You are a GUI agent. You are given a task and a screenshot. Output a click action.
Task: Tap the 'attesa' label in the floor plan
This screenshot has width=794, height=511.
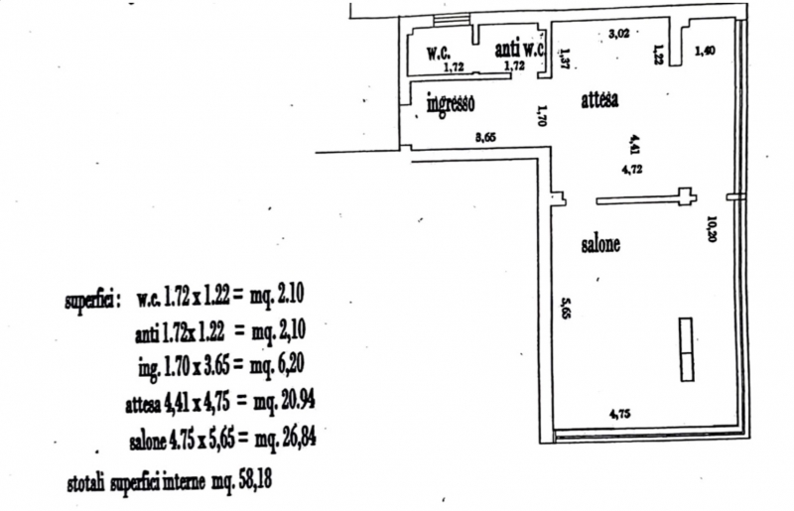tap(599, 100)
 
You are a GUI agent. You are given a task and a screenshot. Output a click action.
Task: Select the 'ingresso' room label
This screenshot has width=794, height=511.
tap(451, 102)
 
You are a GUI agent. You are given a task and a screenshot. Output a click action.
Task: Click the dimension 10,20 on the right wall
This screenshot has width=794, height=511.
tap(711, 229)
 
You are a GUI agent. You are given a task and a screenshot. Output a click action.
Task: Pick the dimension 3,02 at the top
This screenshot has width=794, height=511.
tap(617, 33)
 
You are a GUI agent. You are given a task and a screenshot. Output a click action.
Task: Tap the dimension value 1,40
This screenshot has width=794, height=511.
tap(705, 51)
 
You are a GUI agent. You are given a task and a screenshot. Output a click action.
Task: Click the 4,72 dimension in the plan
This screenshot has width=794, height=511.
tap(632, 170)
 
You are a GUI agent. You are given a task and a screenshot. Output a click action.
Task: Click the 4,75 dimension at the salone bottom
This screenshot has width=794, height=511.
tap(619, 414)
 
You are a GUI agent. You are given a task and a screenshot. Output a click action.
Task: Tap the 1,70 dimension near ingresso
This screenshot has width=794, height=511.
tap(543, 117)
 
